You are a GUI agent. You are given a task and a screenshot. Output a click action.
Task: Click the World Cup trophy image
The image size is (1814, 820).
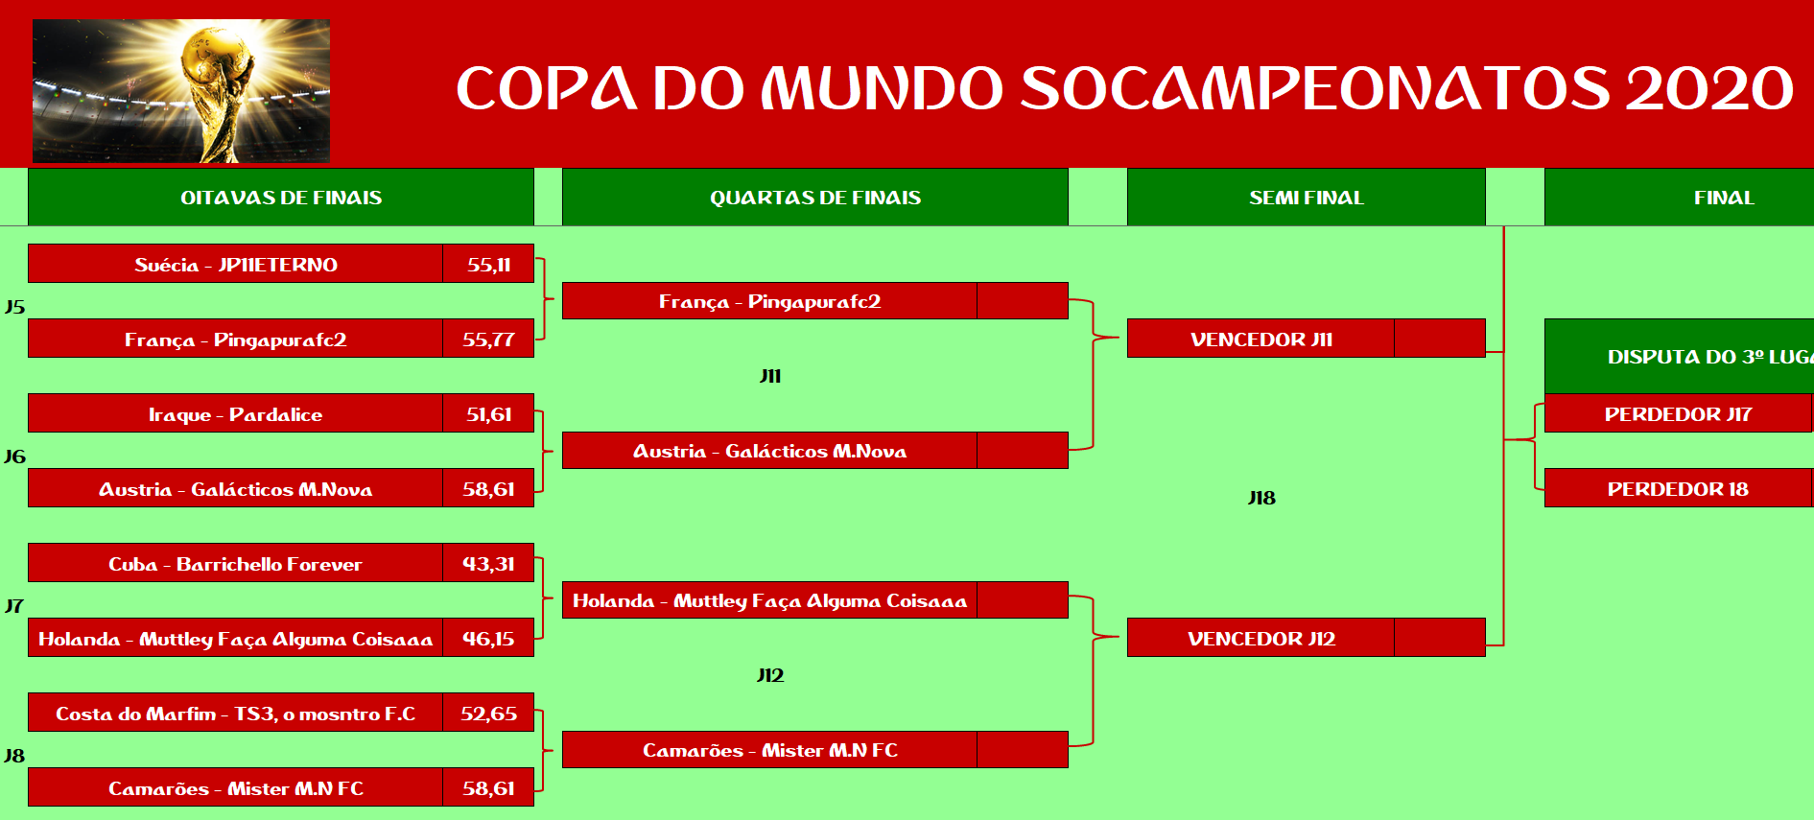181,91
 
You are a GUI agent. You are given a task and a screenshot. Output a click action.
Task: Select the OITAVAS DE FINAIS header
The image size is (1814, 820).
281,198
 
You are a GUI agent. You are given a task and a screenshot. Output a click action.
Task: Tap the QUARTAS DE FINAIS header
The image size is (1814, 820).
815,198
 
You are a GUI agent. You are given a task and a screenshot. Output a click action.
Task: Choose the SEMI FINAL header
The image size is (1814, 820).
1307,198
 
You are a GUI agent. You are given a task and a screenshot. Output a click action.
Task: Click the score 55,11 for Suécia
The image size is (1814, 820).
488,264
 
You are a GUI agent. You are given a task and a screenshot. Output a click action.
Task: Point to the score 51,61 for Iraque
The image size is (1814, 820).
488,413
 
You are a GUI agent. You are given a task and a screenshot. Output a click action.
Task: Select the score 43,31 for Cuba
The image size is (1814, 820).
488,563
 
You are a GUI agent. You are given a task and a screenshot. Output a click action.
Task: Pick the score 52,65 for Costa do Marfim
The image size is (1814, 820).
488,713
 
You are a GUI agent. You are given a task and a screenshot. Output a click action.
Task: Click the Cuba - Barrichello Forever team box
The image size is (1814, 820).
235,563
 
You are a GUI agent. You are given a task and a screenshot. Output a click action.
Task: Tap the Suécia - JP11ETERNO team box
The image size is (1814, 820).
235,264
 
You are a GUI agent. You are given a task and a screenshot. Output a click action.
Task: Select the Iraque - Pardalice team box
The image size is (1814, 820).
235,413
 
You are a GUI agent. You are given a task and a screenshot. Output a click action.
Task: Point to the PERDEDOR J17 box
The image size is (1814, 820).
1678,413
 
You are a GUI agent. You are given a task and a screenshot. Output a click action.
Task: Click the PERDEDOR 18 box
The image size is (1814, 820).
1678,488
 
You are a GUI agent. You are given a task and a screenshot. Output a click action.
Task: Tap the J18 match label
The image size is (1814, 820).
1261,498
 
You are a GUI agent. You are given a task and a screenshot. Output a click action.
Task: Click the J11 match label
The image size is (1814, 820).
770,376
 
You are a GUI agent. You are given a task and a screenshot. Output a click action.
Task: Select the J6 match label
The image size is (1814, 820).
14,457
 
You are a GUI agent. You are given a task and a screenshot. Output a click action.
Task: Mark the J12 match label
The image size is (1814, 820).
770,675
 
